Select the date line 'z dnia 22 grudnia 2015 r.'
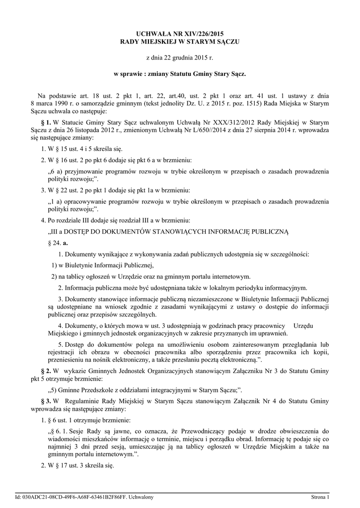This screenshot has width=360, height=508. coord(180,58)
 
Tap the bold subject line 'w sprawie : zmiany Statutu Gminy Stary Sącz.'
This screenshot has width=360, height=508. coord(180,74)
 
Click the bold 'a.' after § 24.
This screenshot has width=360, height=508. coord(66,243)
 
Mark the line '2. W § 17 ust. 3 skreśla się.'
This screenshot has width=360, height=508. coord(77,466)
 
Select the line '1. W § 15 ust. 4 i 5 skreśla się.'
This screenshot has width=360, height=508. coord(82,149)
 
